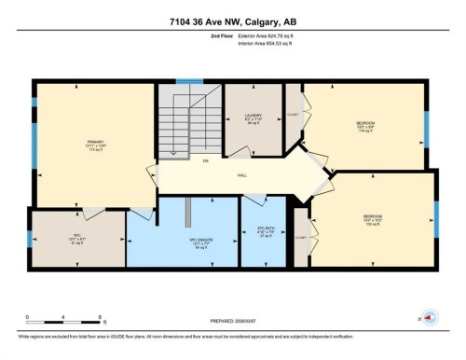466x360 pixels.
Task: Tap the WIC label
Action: [x=77, y=235]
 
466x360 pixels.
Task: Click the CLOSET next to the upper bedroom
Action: [x=294, y=116]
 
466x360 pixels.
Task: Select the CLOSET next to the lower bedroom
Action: [x=299, y=237]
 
